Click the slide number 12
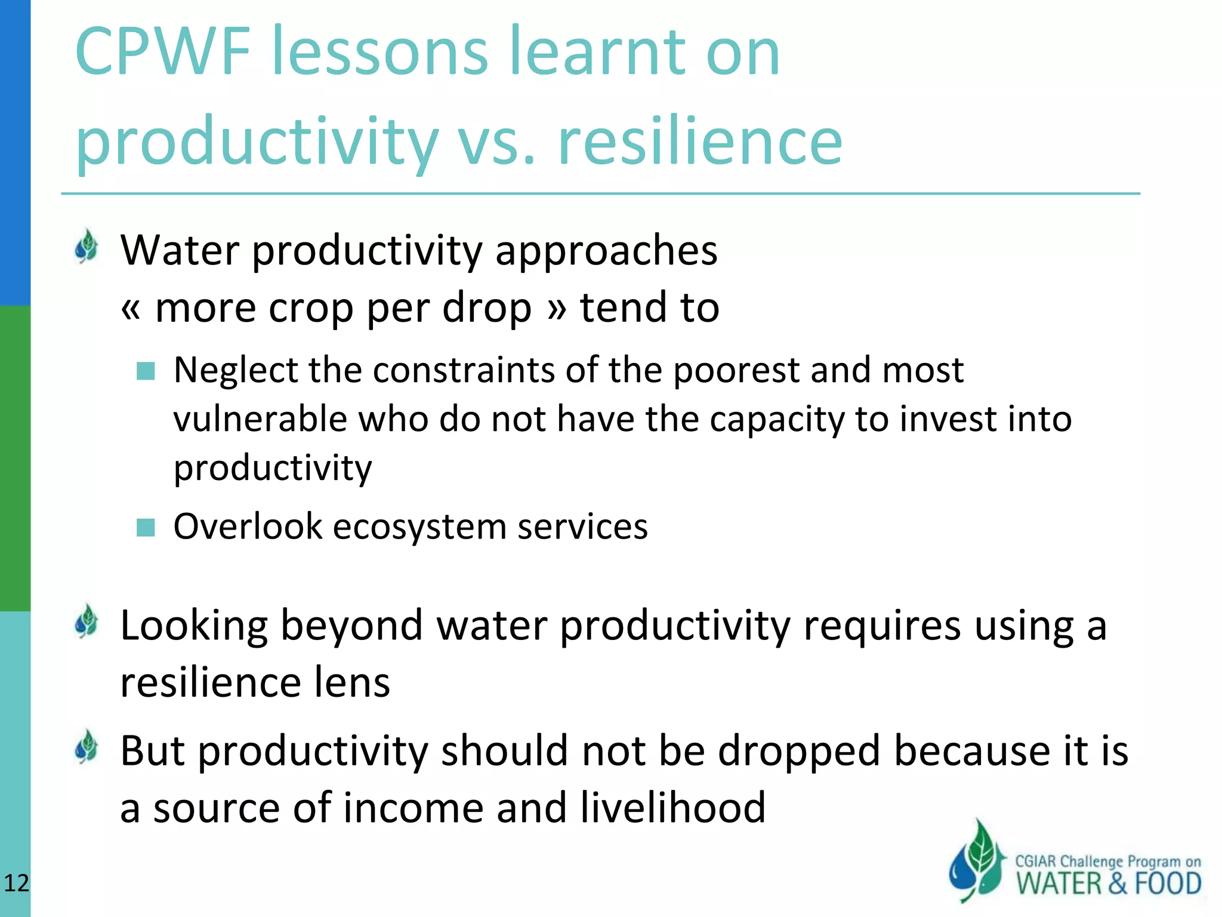(x=16, y=883)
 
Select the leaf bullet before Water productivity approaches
(x=87, y=247)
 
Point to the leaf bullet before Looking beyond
(x=87, y=621)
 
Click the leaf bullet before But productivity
(x=87, y=747)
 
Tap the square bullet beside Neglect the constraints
(x=146, y=371)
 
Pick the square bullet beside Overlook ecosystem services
(x=146, y=527)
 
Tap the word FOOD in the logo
(x=1168, y=884)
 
